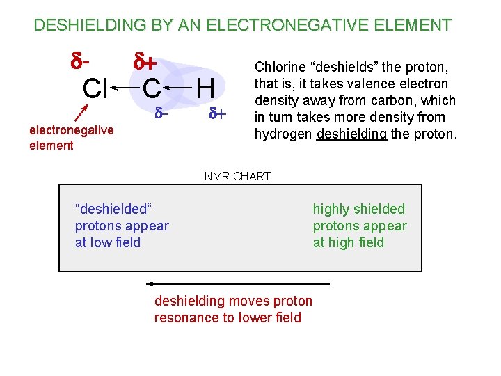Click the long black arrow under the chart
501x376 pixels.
click(237, 284)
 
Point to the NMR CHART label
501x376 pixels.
click(237, 176)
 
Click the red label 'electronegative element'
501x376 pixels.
click(72, 137)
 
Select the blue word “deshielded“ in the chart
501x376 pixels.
click(113, 209)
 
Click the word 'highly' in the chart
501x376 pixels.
click(331, 209)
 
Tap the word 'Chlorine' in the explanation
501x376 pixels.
click(281, 68)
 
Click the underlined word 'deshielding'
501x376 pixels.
click(351, 134)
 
